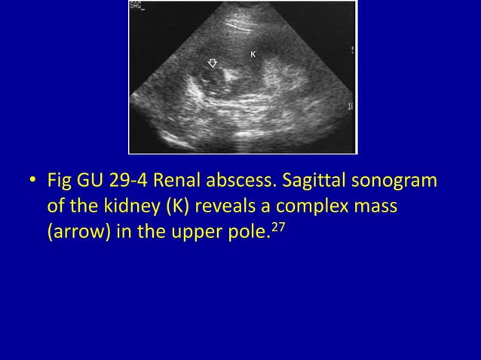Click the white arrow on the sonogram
(213, 63)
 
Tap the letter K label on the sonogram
(253, 54)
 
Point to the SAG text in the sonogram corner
(138, 6)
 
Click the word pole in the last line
(250, 230)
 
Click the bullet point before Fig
(32, 182)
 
